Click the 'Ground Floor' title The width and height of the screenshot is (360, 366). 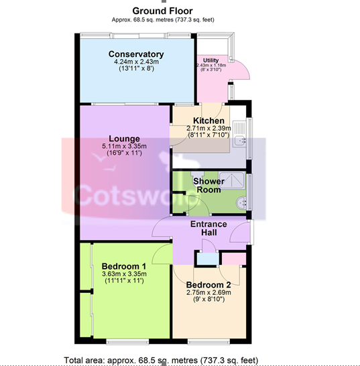tap(162, 11)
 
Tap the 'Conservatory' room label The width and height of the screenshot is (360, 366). tap(136, 54)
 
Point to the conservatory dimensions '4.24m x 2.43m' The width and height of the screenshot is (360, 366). tap(136, 62)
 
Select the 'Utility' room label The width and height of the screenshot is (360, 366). tap(212, 60)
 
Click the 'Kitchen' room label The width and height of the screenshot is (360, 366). tap(208, 121)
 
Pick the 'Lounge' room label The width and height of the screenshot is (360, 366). tap(124, 139)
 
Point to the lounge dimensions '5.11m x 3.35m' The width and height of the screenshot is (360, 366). tap(124, 147)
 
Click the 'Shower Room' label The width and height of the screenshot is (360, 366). tap(208, 185)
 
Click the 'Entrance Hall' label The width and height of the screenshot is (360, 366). tap(208, 228)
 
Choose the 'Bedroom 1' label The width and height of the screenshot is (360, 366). tap(125, 265)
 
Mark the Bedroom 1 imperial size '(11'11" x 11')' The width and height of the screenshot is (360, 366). tap(125, 282)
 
